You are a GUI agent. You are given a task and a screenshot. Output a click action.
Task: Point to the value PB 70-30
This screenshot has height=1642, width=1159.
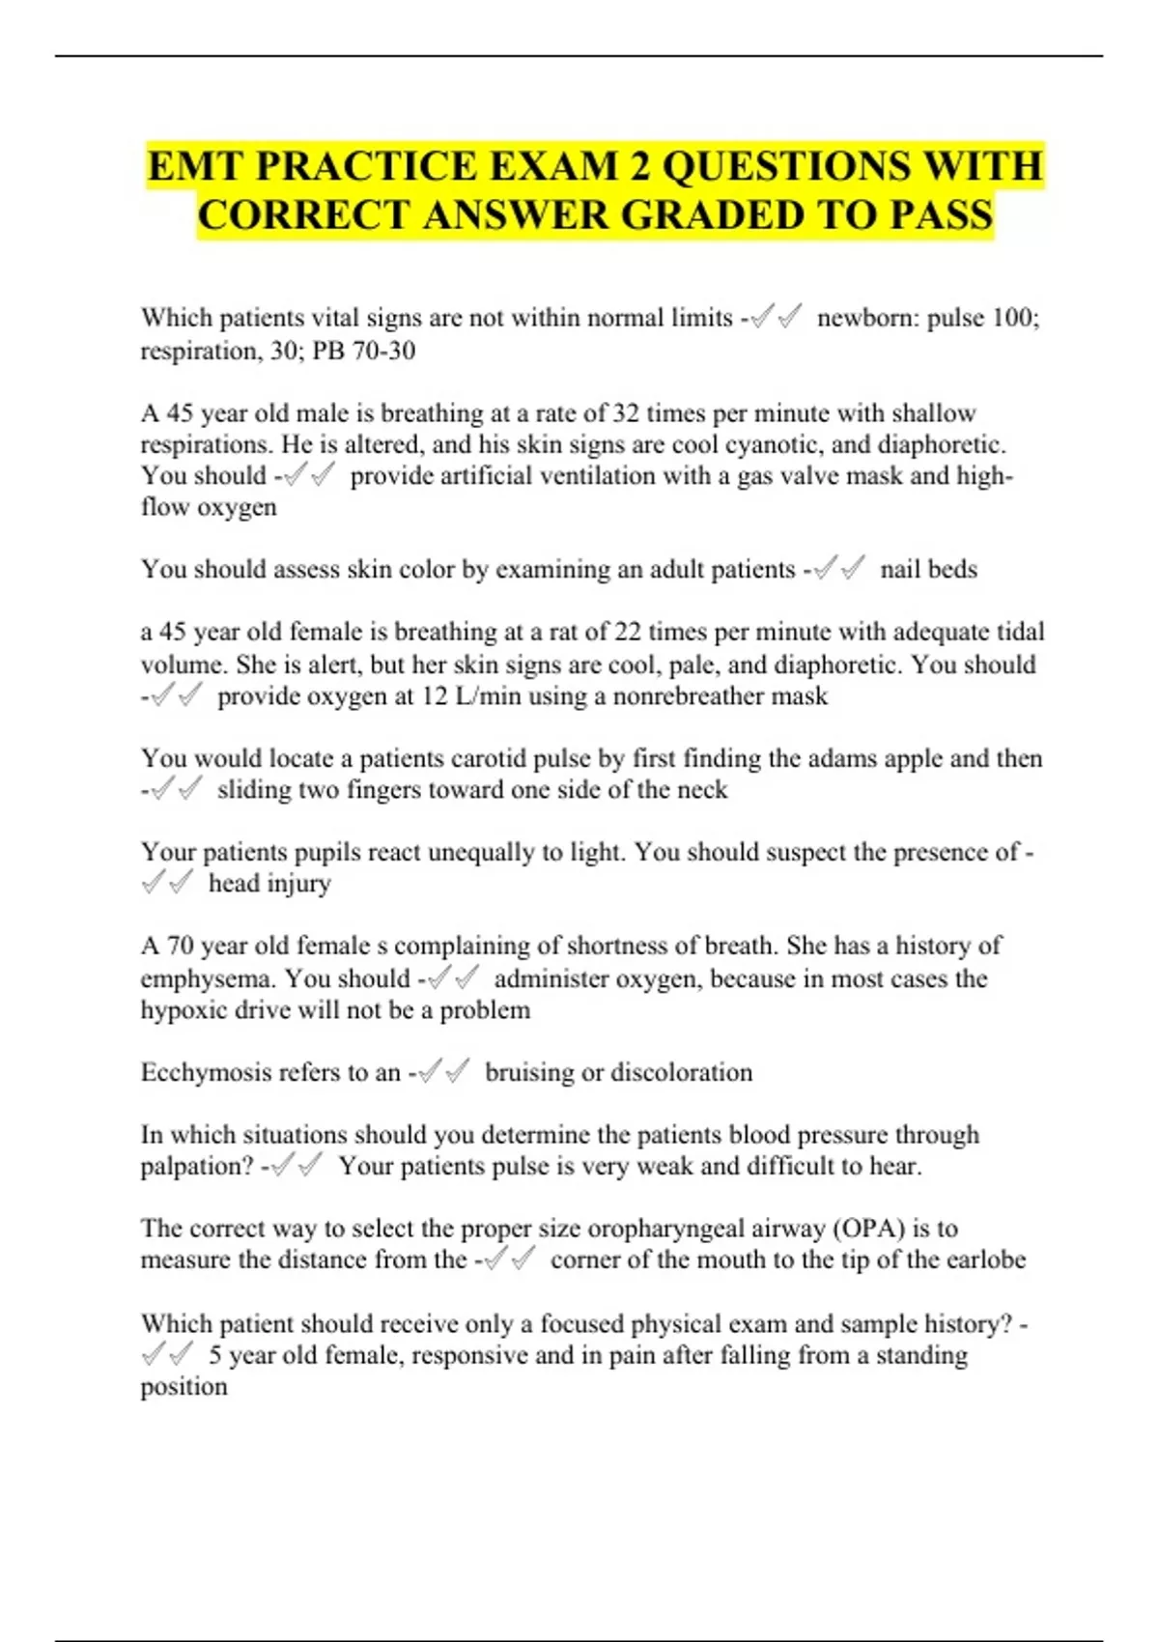coord(364,350)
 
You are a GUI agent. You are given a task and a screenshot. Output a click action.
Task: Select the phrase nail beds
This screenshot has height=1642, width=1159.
coord(928,569)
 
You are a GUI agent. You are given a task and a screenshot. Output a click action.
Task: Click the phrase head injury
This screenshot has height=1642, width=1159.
coord(269,883)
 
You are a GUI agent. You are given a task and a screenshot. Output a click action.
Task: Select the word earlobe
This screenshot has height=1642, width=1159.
coord(984,1260)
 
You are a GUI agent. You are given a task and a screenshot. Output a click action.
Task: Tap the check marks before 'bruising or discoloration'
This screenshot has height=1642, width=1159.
coord(445,1071)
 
